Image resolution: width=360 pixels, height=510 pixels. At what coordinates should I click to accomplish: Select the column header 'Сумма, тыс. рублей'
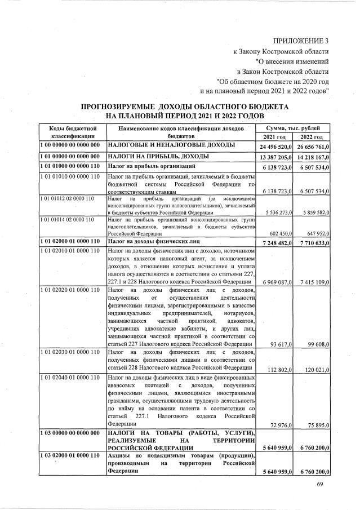[293, 128]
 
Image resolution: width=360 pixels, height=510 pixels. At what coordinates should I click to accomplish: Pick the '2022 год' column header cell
[311, 137]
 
